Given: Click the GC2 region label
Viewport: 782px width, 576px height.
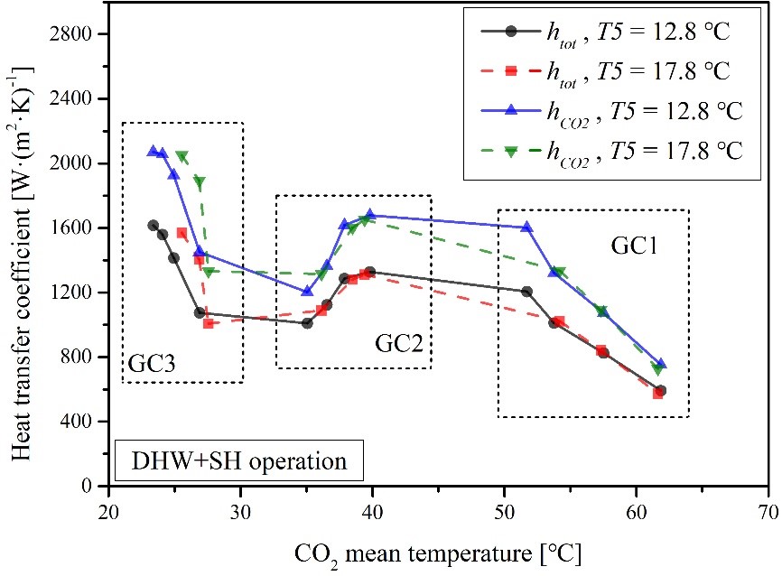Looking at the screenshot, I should (x=397, y=344).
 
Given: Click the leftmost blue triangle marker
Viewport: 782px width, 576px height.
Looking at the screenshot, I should (x=153, y=152).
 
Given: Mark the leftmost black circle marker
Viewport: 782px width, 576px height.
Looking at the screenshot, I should (x=153, y=226).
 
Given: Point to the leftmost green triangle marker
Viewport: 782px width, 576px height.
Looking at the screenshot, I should (x=182, y=157).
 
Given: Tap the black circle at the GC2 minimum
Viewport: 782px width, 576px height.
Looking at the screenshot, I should (x=307, y=322).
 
